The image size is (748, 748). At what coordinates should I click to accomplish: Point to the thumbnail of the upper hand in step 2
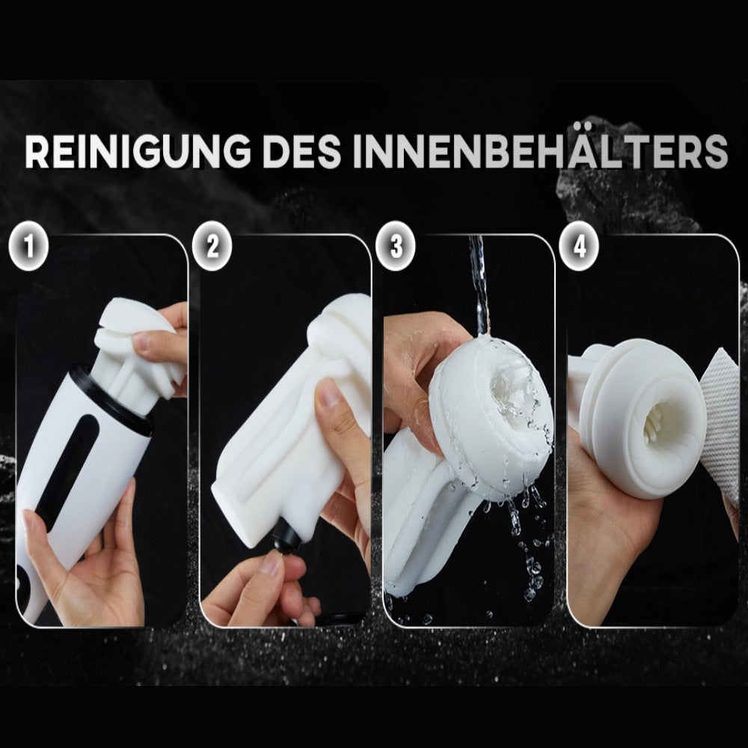click(x=326, y=394)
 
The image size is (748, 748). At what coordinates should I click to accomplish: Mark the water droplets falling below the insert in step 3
click(x=524, y=546)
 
